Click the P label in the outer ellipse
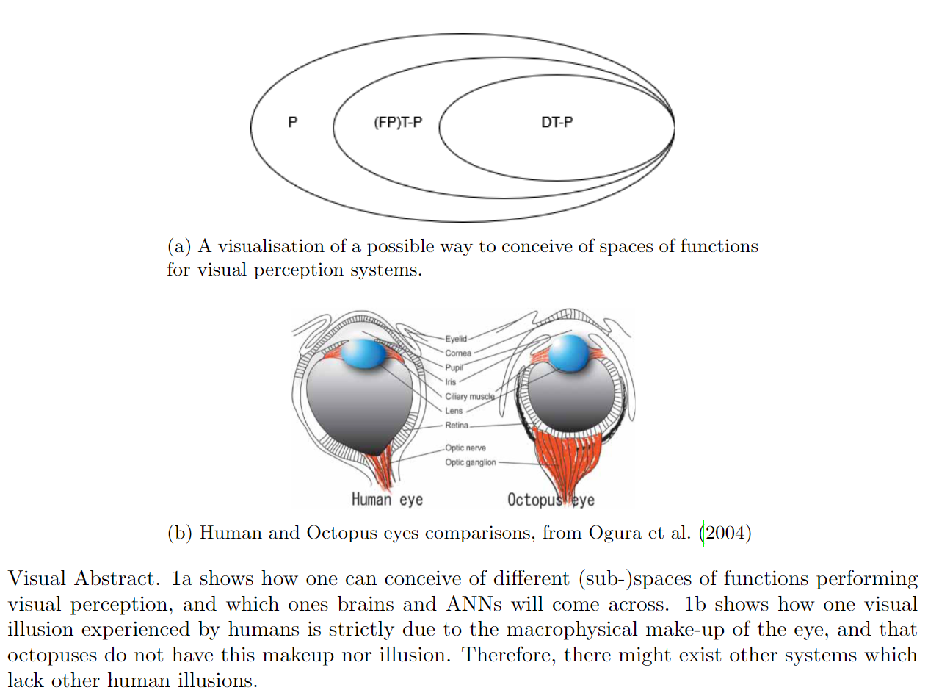(x=292, y=123)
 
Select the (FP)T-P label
(x=398, y=123)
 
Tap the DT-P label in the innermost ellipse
(x=557, y=123)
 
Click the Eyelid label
(x=456, y=339)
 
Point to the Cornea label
(x=458, y=353)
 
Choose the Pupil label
(x=454, y=367)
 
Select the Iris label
(x=451, y=382)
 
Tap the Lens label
(x=454, y=411)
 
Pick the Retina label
(x=456, y=426)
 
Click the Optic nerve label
(x=465, y=448)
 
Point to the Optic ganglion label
(x=471, y=462)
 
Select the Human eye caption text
(x=387, y=500)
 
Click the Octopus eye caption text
(x=551, y=500)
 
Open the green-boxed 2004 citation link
(x=725, y=533)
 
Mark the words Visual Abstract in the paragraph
(x=83, y=578)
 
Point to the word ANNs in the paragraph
(x=470, y=604)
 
